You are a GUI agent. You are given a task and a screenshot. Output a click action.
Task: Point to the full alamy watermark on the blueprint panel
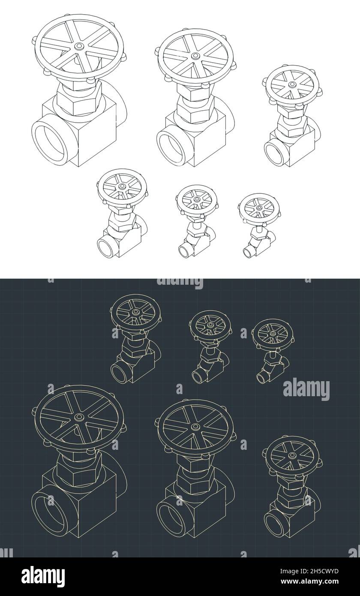coord(306,389)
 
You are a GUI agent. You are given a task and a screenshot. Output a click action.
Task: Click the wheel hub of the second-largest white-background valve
coord(195,56)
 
